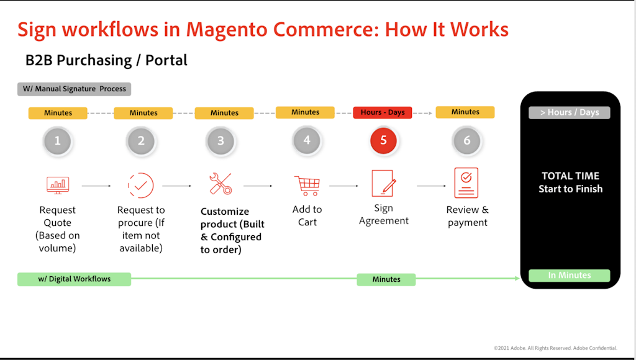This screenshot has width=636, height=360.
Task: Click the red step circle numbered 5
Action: [383, 140]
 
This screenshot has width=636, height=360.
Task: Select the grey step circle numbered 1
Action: [58, 141]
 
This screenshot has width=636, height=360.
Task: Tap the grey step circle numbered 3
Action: [220, 141]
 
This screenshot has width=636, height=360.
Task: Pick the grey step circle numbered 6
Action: [466, 141]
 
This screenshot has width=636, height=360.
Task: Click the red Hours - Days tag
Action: [383, 112]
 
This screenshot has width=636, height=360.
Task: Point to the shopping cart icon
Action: [307, 185]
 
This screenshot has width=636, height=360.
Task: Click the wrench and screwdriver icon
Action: [220, 184]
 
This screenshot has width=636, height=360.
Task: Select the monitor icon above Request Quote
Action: [58, 184]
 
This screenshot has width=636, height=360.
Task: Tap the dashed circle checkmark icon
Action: [140, 185]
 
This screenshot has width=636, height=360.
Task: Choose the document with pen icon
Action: [383, 183]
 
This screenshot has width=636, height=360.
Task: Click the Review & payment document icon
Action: [466, 182]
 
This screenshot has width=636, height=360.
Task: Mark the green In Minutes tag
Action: [570, 276]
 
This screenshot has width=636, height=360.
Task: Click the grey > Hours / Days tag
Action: [570, 112]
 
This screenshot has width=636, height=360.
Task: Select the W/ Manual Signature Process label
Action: [74, 89]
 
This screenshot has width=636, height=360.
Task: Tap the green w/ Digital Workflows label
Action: [74, 279]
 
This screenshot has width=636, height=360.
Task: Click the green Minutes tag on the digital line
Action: [386, 279]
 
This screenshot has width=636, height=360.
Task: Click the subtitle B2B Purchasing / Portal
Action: [106, 60]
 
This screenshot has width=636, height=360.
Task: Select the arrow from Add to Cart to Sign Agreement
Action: [344, 186]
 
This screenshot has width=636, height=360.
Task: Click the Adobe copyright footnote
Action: [555, 348]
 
